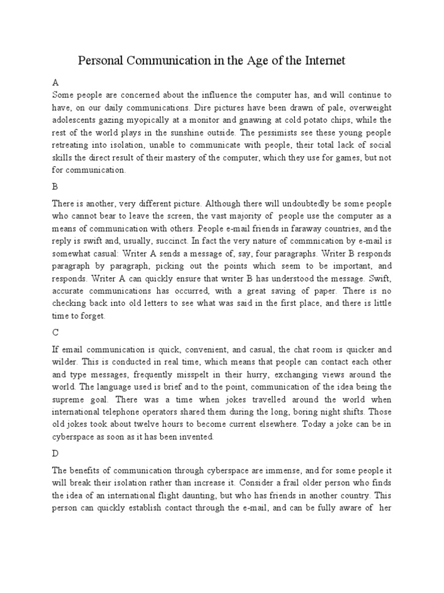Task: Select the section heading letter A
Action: tap(55, 83)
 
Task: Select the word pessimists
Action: tap(297, 133)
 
